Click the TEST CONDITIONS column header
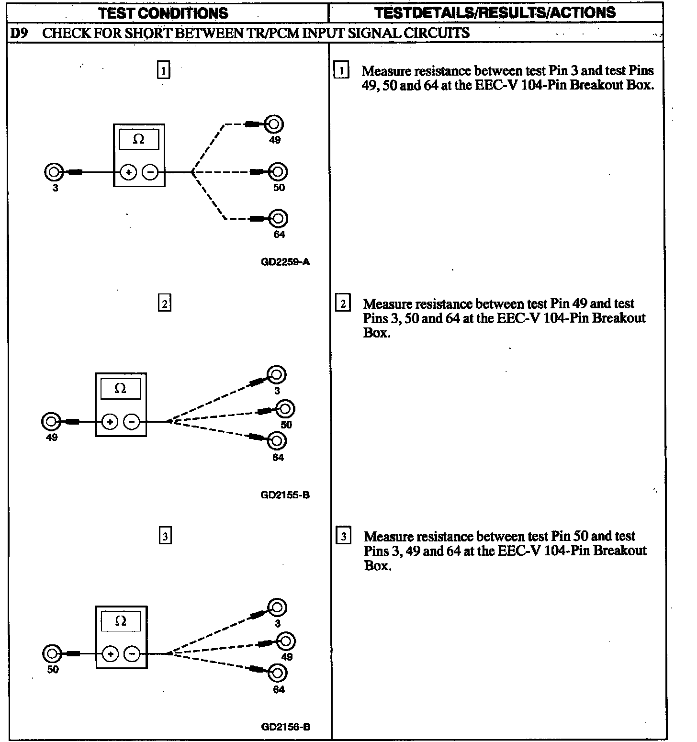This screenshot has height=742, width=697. pyautogui.click(x=163, y=12)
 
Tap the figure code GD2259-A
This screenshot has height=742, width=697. pyautogui.click(x=285, y=262)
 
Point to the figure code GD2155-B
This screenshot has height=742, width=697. pyautogui.click(x=285, y=495)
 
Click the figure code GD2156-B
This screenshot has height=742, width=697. pyautogui.click(x=286, y=727)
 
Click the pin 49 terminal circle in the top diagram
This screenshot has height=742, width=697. pyautogui.click(x=274, y=124)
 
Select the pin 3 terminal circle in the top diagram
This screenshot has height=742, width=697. pyautogui.click(x=54, y=172)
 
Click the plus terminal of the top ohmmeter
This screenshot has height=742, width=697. pyautogui.click(x=128, y=172)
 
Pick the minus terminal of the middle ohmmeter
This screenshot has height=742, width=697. pyautogui.click(x=132, y=422)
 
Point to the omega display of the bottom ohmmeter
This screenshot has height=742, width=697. pyautogui.click(x=121, y=621)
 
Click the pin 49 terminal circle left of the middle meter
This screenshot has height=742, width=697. pyautogui.click(x=51, y=422)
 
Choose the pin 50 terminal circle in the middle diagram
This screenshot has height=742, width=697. pyautogui.click(x=286, y=409)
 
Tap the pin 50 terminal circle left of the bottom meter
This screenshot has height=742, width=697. pyautogui.click(x=52, y=653)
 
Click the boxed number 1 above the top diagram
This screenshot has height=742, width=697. pyautogui.click(x=164, y=71)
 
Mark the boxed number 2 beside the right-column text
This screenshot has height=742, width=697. pyautogui.click(x=343, y=304)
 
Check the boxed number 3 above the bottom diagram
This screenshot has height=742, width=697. pyautogui.click(x=165, y=536)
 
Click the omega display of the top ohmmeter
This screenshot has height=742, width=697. pyautogui.click(x=139, y=139)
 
